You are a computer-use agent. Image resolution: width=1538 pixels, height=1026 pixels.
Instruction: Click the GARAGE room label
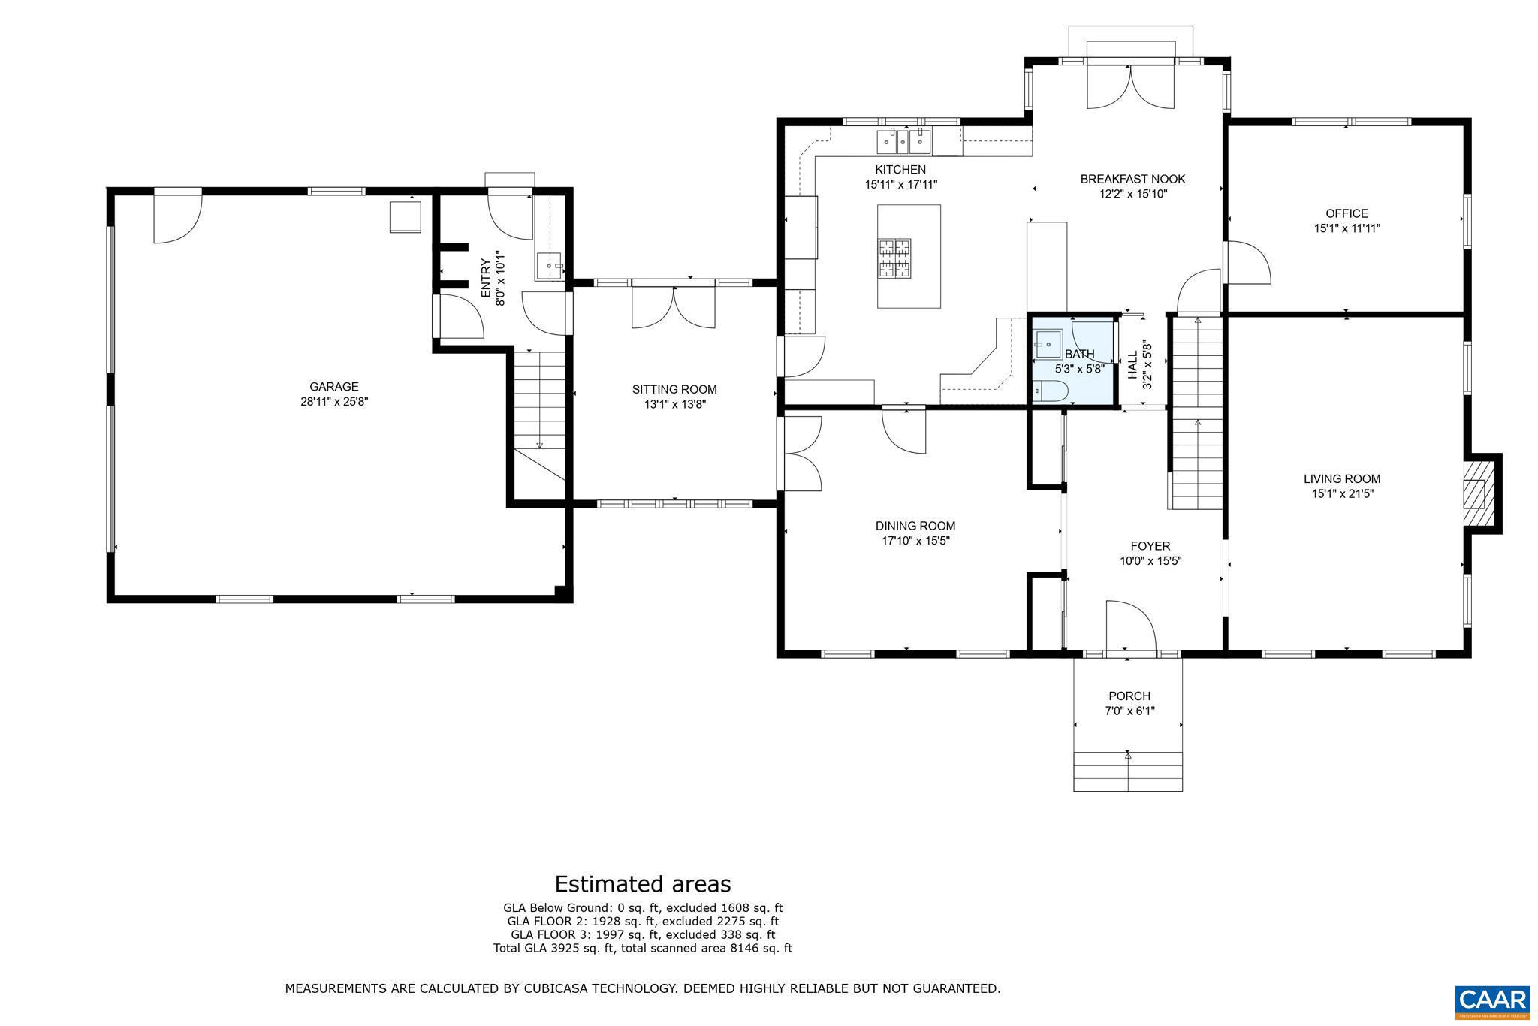tap(334, 387)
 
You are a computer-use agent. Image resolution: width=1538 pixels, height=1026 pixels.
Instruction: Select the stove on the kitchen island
tap(894, 258)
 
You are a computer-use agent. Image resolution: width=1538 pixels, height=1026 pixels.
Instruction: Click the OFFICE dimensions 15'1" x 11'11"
tap(1347, 228)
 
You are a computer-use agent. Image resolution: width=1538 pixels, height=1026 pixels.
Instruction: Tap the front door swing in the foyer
tap(1130, 625)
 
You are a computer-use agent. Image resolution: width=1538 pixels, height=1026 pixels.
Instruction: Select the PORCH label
tap(1129, 696)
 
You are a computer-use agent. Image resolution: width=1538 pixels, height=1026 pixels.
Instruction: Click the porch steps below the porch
tap(1128, 771)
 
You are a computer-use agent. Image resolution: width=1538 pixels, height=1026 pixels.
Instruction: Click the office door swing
tap(1247, 263)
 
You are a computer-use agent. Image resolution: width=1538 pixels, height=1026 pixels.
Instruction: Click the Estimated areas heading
tap(642, 883)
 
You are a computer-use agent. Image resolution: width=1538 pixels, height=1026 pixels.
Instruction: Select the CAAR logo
tap(1491, 1000)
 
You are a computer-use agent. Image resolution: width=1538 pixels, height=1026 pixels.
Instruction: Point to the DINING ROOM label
tap(915, 526)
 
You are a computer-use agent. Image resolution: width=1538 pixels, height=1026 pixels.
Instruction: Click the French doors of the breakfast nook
tap(1130, 86)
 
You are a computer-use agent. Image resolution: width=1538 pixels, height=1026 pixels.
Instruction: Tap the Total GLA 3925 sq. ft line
tap(642, 949)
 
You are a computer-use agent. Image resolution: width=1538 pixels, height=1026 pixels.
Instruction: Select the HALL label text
tap(1132, 364)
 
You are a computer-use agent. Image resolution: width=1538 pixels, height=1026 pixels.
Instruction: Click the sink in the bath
tap(1046, 345)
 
